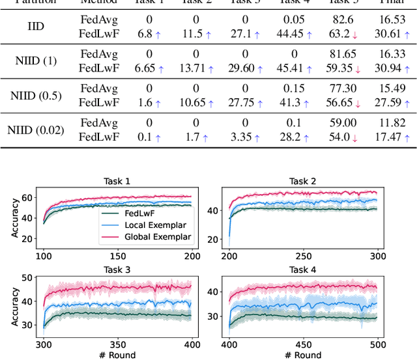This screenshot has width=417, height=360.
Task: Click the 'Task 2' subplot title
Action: [302, 180]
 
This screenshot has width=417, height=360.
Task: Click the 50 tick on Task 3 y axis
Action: [28, 278]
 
